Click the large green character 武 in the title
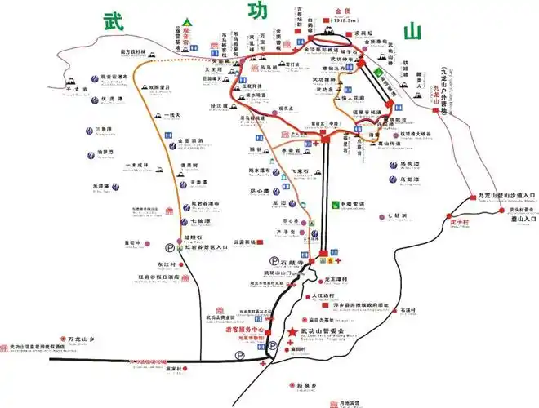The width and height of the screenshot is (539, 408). click(x=114, y=21)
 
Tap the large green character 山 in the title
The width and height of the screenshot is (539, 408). click(x=406, y=32)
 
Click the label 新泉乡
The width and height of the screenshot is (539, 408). click(x=306, y=384)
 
